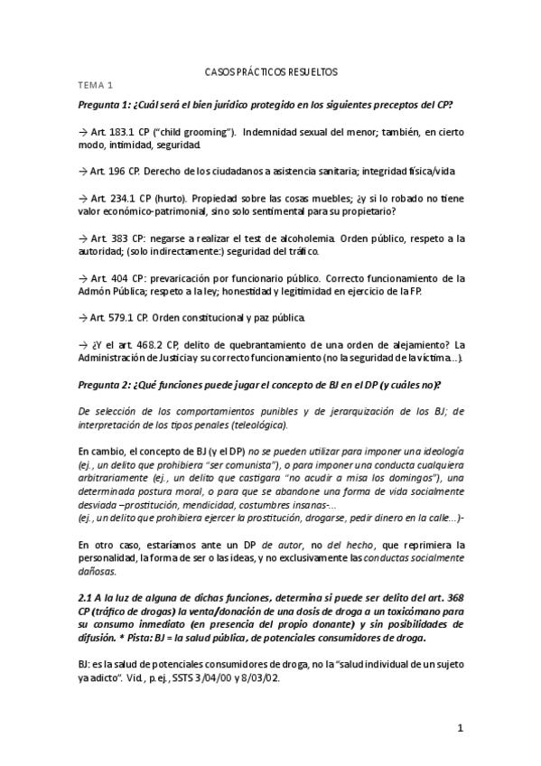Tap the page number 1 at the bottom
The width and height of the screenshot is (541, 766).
(460, 727)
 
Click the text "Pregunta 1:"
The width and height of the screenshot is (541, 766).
(107, 104)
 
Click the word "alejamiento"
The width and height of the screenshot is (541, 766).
(419, 344)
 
